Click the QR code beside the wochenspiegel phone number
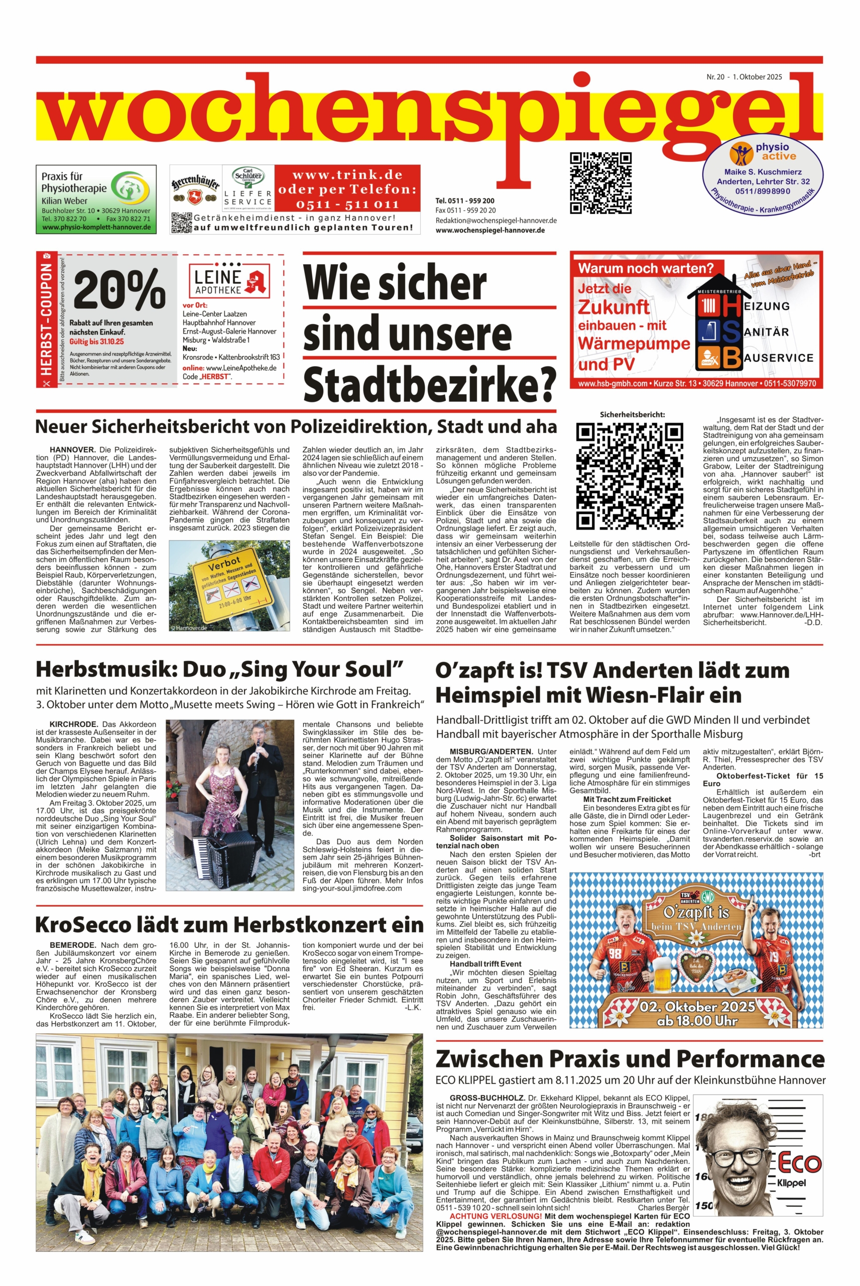[x=600, y=183]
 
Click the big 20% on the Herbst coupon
[x=119, y=290]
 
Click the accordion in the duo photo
[x=219, y=859]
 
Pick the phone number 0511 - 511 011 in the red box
[x=347, y=204]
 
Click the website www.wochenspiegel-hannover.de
[x=490, y=231]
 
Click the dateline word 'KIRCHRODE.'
[x=73, y=724]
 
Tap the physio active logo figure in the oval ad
[x=743, y=155]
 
